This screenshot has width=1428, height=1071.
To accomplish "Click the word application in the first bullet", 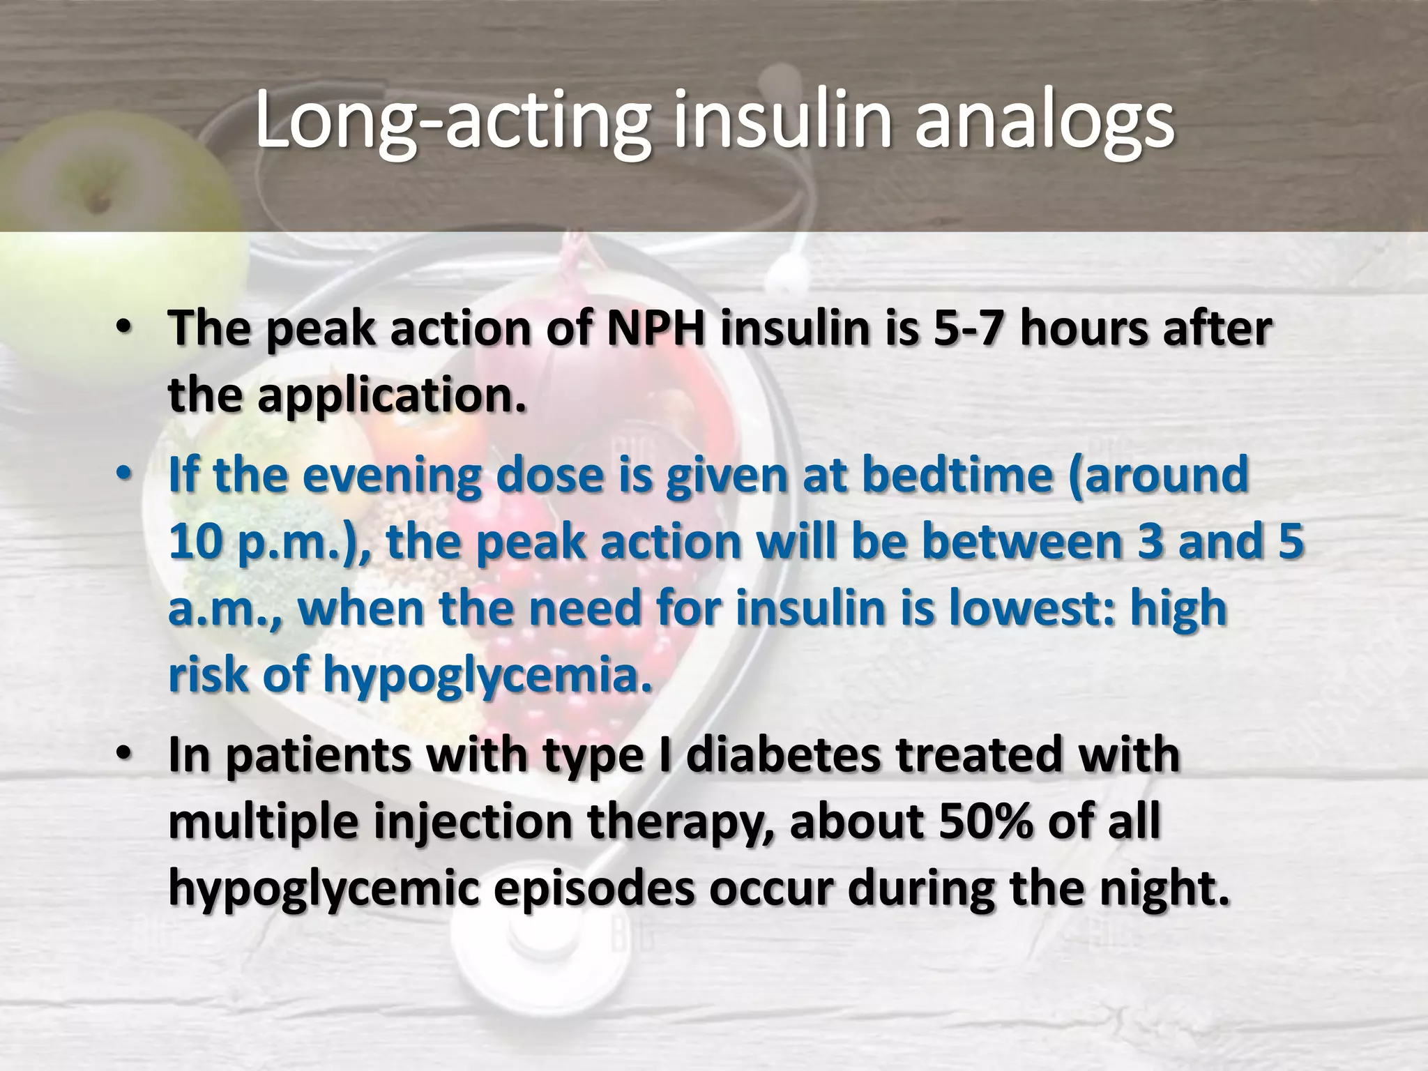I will [x=392, y=395].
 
